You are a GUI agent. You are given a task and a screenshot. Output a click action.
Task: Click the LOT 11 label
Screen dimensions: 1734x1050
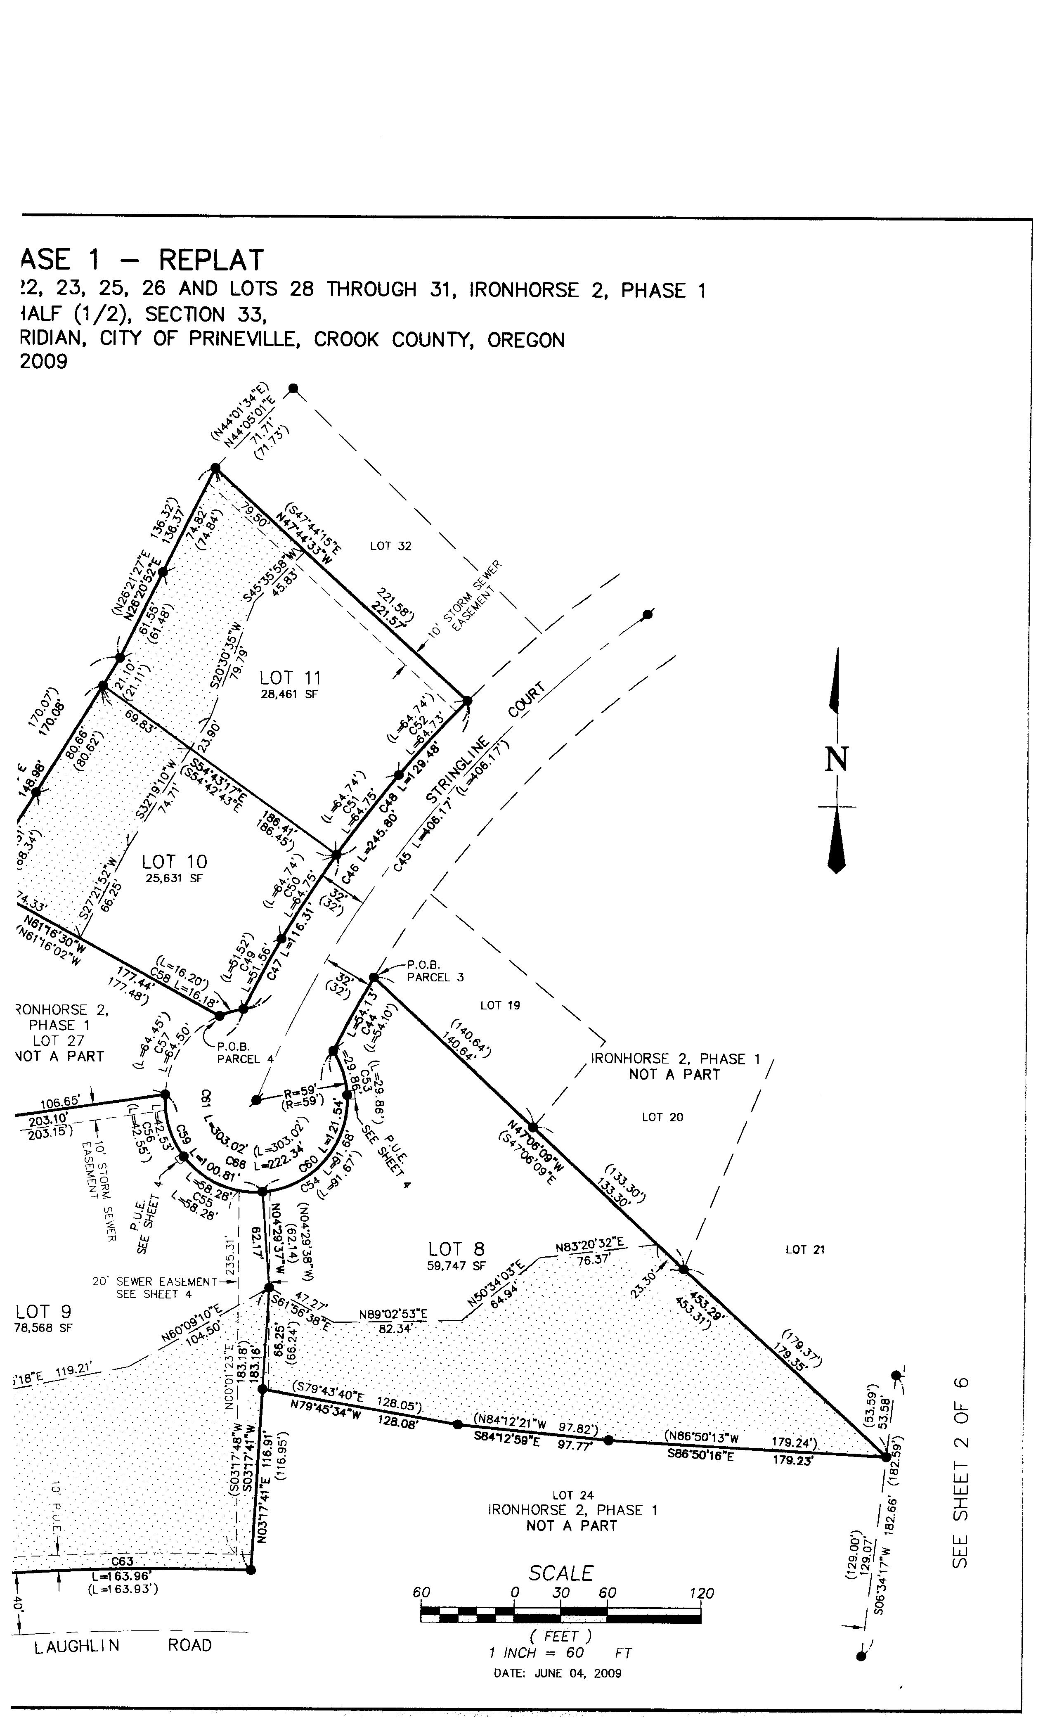pyautogui.click(x=290, y=677)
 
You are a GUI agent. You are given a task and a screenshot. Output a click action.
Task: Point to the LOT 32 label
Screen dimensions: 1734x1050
pyautogui.click(x=390, y=546)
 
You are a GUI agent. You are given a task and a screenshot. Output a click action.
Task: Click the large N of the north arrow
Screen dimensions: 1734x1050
pyautogui.click(x=837, y=760)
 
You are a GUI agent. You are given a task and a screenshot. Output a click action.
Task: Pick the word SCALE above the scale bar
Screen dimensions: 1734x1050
pyautogui.click(x=561, y=1573)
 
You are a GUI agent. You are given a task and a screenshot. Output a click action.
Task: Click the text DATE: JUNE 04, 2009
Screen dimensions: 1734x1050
pyautogui.click(x=557, y=1673)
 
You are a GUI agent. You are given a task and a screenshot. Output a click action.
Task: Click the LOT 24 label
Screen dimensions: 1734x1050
pyautogui.click(x=573, y=1495)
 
